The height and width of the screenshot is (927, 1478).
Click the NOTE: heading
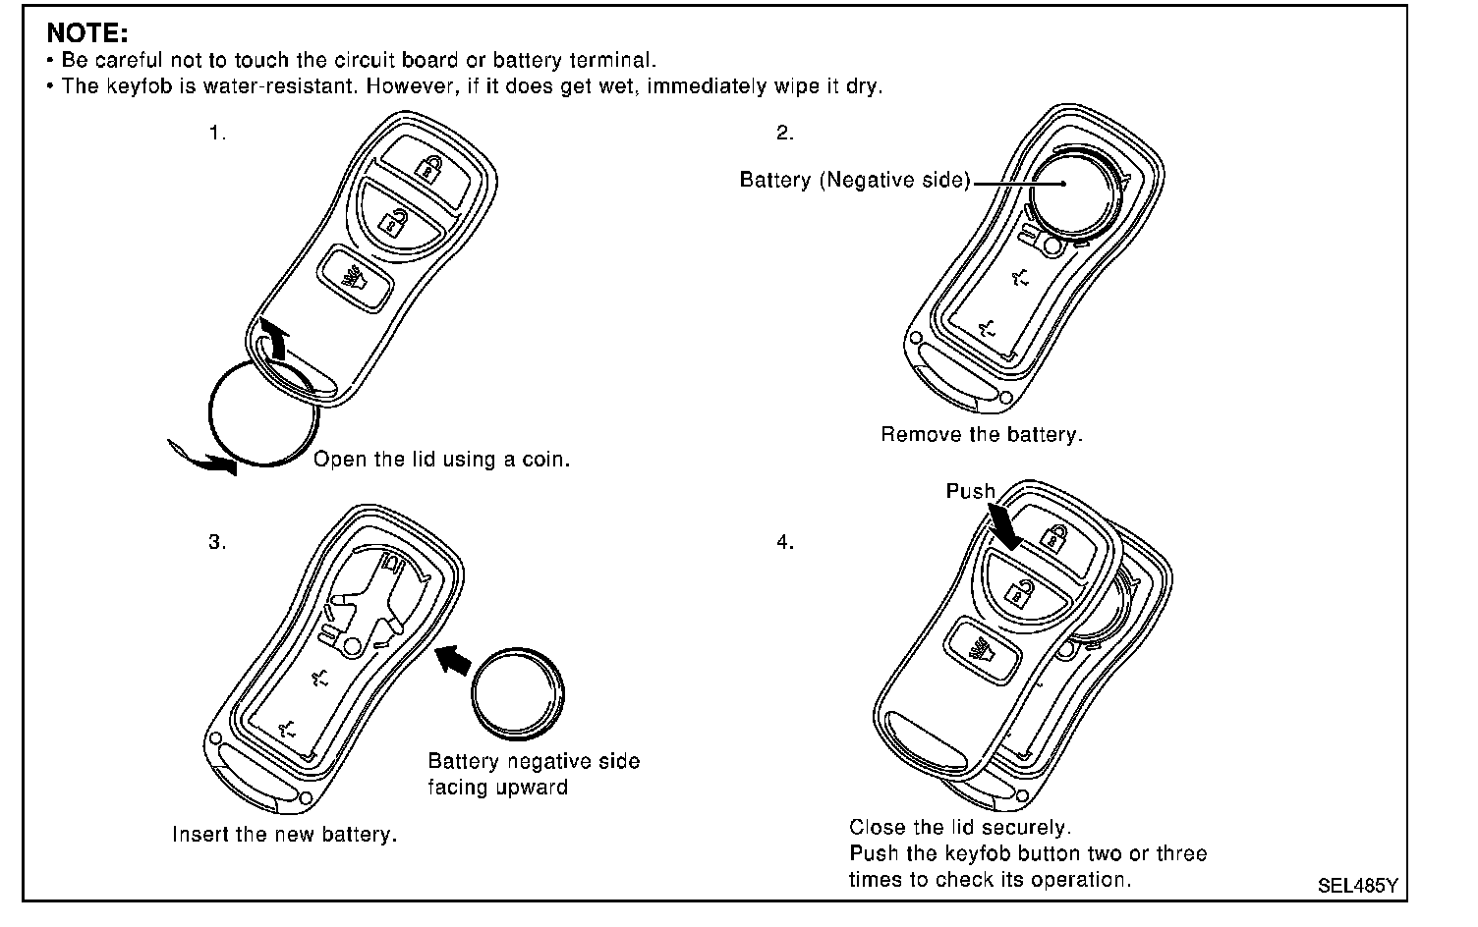[x=86, y=33]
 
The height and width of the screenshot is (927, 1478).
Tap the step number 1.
[x=217, y=134]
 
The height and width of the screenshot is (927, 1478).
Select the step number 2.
[x=785, y=134]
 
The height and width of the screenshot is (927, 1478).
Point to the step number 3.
[x=217, y=542]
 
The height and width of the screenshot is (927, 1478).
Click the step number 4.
[x=785, y=542]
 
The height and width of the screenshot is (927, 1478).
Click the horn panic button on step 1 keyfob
[x=355, y=276]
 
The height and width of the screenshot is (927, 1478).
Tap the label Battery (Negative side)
[x=855, y=181]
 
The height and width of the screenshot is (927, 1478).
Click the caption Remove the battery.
[x=981, y=434]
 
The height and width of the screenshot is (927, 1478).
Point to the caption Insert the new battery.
[x=285, y=835]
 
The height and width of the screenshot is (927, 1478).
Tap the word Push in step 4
[x=970, y=491]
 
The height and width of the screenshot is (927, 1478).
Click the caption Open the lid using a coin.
[x=441, y=460]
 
